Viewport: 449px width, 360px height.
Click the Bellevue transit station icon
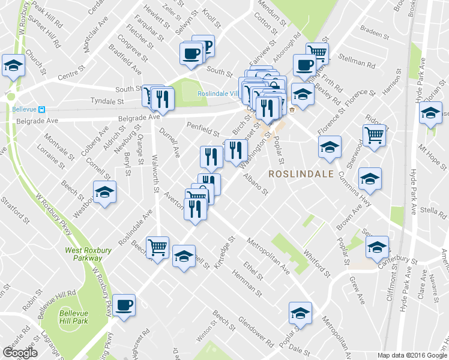coord(42,109)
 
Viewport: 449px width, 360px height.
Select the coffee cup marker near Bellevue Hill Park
coord(124,305)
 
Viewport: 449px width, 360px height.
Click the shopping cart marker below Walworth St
coord(157,246)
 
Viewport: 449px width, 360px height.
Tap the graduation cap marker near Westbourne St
coord(105,192)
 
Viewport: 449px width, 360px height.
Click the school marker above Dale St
coord(300,313)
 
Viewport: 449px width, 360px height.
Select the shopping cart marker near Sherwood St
coord(375,135)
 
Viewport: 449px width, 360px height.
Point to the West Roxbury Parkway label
coord(83,253)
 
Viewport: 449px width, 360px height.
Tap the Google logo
coord(20,353)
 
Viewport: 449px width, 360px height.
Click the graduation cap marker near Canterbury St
coord(377,247)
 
